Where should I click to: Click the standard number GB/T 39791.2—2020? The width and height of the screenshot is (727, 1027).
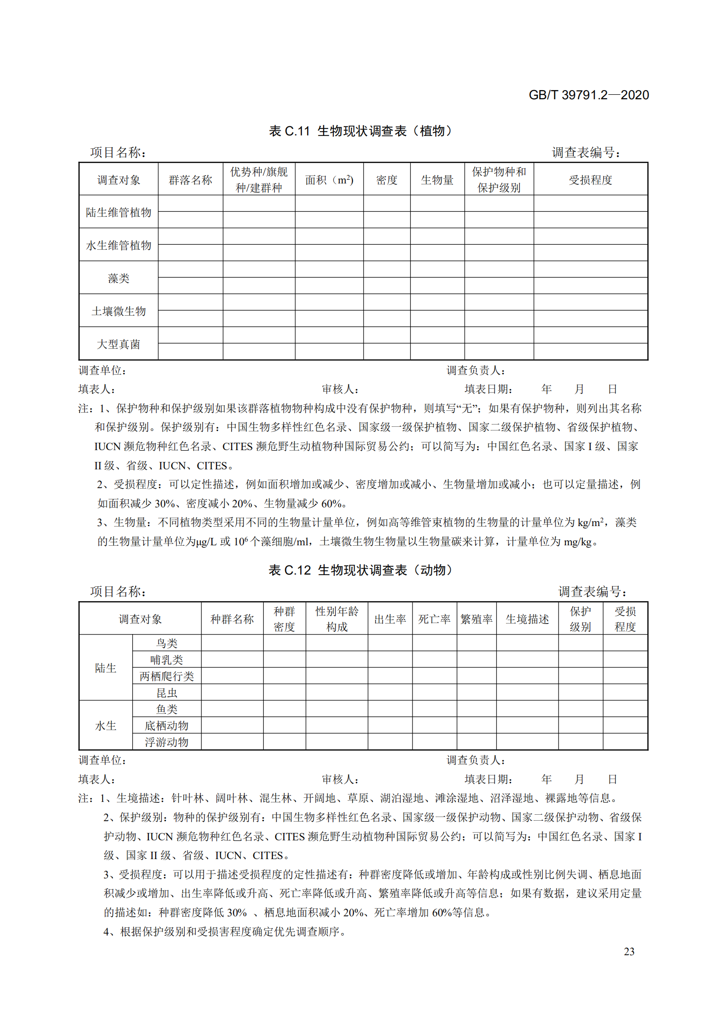tap(588, 95)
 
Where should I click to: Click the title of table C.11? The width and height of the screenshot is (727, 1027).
tap(360, 131)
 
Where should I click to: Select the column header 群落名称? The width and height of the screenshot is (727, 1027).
tap(190, 180)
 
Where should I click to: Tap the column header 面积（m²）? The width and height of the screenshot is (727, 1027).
tap(329, 180)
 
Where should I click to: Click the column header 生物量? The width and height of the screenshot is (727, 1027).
tap(437, 180)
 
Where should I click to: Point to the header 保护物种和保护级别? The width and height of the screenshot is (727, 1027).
tap(499, 180)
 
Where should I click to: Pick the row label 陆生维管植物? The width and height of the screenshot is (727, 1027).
tap(119, 212)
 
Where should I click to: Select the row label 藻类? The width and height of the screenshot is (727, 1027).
tap(119, 278)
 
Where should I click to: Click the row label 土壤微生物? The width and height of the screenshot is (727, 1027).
tap(119, 311)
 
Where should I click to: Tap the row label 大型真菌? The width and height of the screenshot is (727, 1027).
tap(119, 344)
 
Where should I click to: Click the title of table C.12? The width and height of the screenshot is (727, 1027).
tap(360, 570)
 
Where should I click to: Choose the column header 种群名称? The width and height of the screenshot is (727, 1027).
tap(232, 619)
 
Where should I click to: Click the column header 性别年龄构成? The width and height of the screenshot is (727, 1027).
tap(336, 619)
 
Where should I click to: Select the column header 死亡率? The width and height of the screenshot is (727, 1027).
tap(434, 619)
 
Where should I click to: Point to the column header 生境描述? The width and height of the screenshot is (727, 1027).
tap(527, 619)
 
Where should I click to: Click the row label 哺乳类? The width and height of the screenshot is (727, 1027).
tap(167, 660)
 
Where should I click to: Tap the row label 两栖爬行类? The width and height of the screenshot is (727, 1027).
tap(167, 676)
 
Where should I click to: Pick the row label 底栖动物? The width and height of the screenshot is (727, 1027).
tap(167, 726)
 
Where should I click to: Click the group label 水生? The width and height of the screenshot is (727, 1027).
tap(106, 726)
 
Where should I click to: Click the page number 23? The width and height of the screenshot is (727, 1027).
tap(629, 952)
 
